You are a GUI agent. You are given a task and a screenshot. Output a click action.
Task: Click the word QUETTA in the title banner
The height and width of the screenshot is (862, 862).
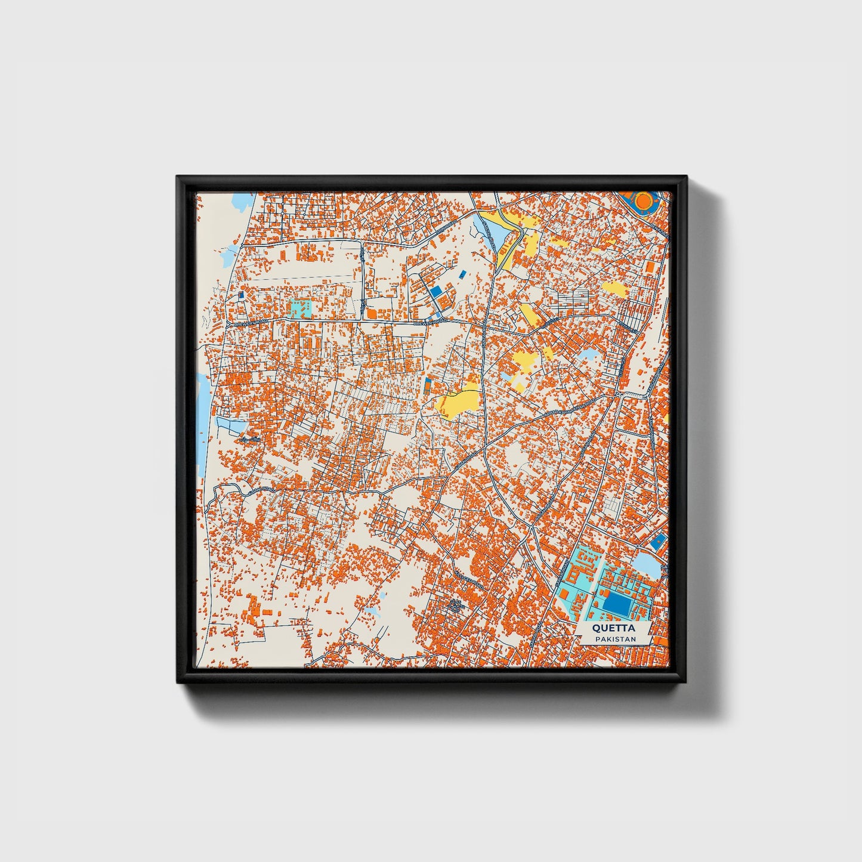613,628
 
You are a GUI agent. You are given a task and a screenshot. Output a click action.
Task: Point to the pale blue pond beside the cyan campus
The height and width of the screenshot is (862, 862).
647,564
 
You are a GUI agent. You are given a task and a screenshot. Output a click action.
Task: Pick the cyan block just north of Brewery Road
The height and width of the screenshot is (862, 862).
299,308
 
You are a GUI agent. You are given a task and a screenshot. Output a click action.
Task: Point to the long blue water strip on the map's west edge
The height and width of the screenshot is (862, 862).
203,412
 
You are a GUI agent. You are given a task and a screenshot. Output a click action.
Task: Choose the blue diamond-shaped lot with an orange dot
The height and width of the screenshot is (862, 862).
659,542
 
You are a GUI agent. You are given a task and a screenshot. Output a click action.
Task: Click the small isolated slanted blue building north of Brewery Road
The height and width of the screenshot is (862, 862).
462,274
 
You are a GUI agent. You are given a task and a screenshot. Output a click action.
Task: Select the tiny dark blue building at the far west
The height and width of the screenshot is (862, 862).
241,295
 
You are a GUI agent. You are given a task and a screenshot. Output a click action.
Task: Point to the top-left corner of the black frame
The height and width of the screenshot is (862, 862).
179,178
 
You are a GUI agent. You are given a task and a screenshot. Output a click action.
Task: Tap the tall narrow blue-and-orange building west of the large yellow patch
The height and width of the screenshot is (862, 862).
427,385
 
